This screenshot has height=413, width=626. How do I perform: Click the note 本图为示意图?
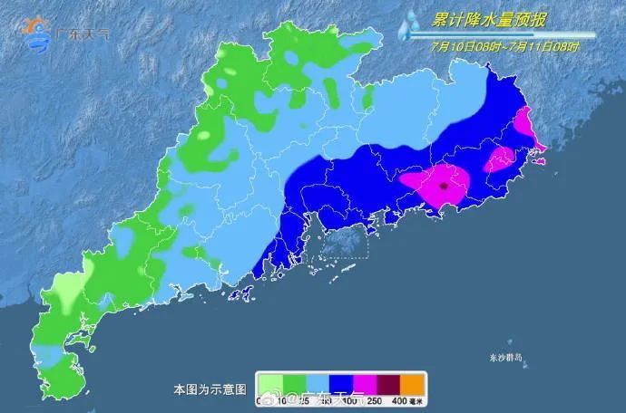tap(210, 389)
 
